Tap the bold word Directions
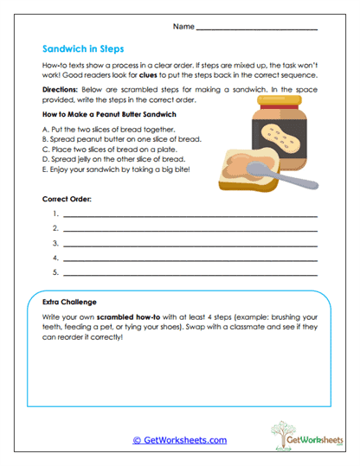[x=61, y=90]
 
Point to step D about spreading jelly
[x=112, y=158]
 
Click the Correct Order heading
[x=67, y=198]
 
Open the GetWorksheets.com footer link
[x=179, y=440]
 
